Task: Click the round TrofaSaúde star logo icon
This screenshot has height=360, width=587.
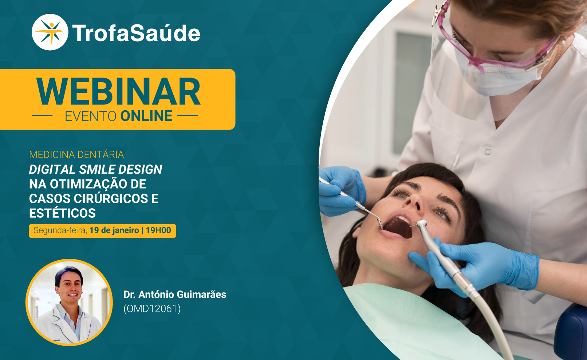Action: tap(50, 32)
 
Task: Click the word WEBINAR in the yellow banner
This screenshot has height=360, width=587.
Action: tap(118, 92)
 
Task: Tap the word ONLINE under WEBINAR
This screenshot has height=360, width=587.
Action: tap(146, 116)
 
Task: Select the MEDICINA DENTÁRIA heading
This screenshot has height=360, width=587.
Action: tap(76, 155)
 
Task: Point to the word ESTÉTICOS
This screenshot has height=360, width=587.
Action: tap(62, 213)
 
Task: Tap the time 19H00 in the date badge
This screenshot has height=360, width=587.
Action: tap(158, 230)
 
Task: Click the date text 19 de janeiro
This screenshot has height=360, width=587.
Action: tap(114, 230)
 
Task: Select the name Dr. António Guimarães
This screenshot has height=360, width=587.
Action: tap(175, 294)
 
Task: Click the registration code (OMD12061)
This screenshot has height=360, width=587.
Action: tap(152, 309)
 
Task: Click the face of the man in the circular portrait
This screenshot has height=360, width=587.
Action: tap(70, 287)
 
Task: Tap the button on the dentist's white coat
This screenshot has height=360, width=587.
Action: tap(488, 151)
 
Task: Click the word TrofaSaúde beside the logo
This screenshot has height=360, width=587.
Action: tap(136, 33)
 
